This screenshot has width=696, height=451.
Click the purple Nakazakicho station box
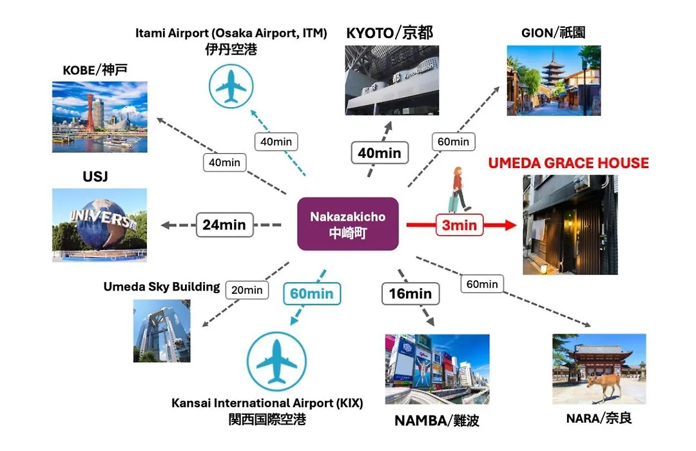[347, 224]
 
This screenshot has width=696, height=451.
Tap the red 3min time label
[459, 225]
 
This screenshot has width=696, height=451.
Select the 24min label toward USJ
[225, 225]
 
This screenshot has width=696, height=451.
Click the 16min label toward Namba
[411, 293]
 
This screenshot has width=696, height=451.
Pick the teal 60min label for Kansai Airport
[312, 293]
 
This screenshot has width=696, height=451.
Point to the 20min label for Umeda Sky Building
[247, 290]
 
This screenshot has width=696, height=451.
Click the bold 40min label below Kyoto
[380, 153]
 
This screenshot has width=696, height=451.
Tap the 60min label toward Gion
[453, 142]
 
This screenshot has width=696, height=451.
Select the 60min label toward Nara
[482, 284]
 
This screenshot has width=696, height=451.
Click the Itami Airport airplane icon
[231, 86]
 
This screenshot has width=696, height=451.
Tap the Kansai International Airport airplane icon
[276, 361]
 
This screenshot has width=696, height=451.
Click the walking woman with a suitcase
[459, 189]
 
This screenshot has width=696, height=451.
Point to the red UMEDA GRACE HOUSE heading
[568, 163]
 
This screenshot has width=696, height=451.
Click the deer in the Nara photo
[604, 385]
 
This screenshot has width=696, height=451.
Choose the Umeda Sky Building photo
[162, 331]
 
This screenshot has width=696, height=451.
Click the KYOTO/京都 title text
[389, 33]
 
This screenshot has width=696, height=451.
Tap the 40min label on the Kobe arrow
[225, 162]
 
